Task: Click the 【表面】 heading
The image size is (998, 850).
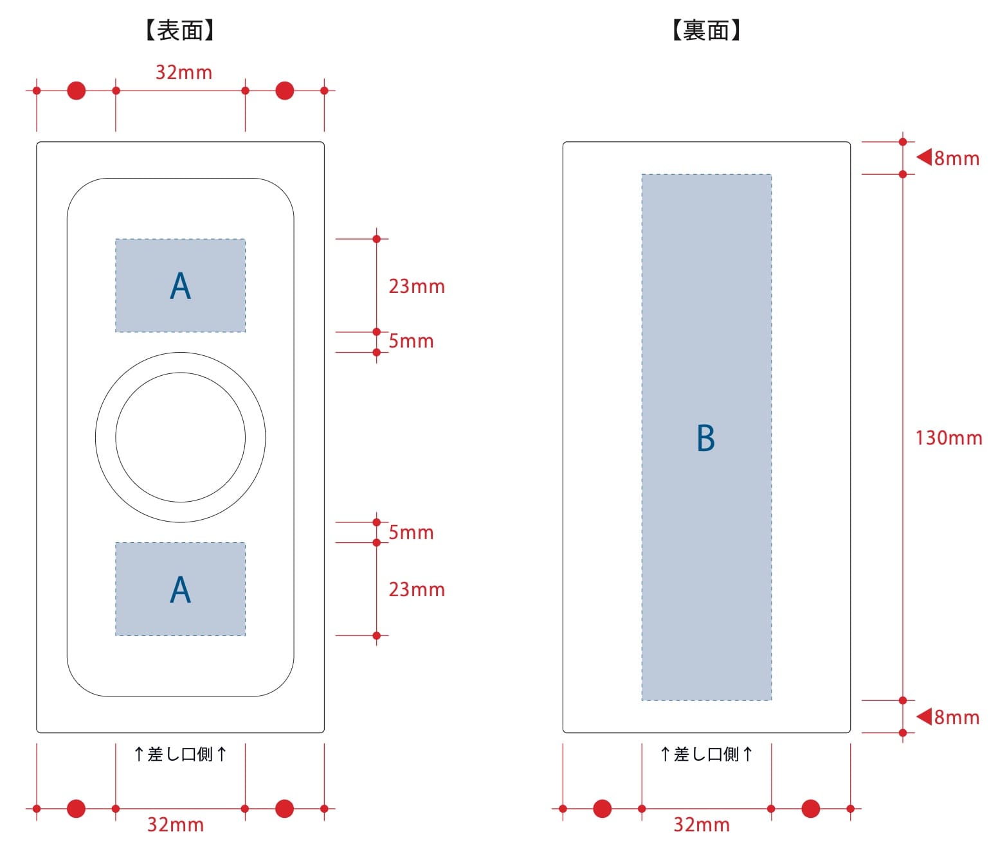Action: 179,30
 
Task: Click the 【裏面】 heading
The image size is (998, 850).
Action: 706,30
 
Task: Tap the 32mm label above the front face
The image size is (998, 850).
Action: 184,73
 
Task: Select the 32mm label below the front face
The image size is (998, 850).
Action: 176,825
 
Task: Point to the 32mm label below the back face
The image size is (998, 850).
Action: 702,825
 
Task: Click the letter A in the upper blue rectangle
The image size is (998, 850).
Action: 181,286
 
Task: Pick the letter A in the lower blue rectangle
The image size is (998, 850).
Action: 181,590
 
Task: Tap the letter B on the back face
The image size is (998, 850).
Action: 706,438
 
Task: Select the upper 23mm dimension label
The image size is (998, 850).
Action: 417,287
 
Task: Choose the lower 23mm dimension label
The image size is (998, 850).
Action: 417,590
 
